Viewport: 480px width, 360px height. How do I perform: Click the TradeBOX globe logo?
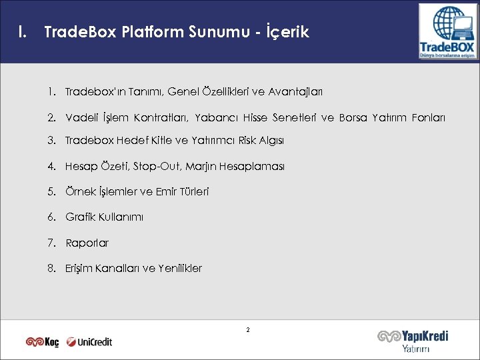coord(447,31)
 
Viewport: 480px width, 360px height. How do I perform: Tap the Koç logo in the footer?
coord(43,342)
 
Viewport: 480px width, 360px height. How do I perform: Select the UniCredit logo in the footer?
coord(89,342)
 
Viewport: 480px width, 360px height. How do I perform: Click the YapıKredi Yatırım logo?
coord(413,341)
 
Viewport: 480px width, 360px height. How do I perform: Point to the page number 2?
coord(247,330)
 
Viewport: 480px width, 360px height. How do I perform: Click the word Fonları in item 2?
coord(429,118)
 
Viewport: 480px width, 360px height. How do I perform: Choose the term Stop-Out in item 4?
coord(154,166)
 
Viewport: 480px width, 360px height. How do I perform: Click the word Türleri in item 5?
coord(192,191)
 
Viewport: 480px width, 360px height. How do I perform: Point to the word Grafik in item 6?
coord(80,217)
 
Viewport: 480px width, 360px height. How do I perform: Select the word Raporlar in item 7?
coord(87,243)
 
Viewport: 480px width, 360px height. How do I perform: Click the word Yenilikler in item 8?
coord(180,268)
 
